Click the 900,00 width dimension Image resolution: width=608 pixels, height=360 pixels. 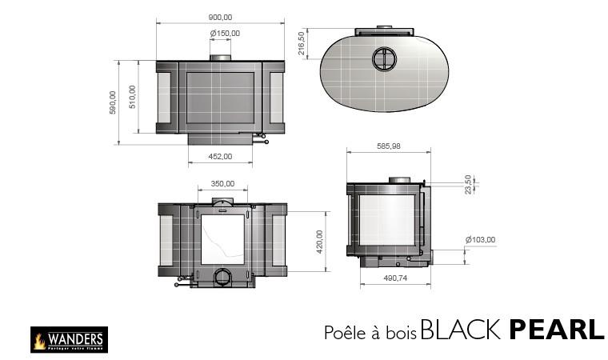220,17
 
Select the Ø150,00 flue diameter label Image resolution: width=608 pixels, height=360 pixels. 225,34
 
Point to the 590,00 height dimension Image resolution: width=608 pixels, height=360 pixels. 113,102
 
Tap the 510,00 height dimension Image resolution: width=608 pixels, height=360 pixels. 133,97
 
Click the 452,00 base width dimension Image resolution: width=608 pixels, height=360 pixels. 220,157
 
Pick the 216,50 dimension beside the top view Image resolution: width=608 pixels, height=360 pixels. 302,43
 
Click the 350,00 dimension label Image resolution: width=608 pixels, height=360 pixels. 222,183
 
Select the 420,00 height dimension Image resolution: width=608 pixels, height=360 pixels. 320,241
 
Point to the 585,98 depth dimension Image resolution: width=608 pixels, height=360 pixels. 388,146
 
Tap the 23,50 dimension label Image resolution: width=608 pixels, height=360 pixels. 468,185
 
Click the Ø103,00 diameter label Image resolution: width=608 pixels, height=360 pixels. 481,239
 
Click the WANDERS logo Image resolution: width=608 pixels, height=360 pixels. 67,339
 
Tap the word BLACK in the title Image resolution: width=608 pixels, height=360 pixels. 462,330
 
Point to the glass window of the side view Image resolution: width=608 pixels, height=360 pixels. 386,220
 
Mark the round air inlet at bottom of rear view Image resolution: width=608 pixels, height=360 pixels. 222,277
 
